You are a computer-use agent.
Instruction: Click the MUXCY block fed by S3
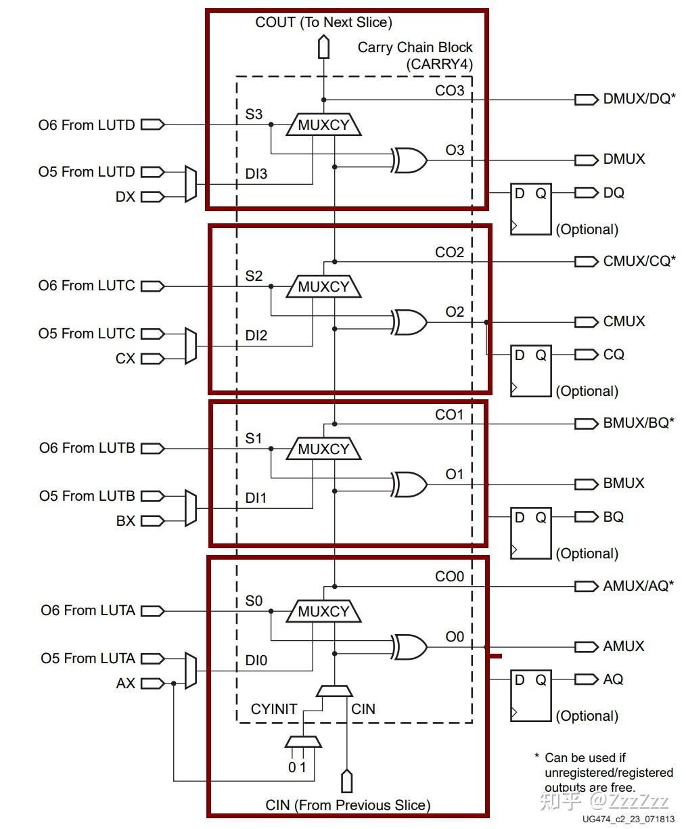click(323, 125)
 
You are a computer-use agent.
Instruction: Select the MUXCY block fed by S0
click(323, 612)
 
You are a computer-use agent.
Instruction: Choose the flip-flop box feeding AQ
click(530, 695)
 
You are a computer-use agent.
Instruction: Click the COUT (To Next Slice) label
click(323, 22)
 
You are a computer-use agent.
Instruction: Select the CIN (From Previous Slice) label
click(348, 805)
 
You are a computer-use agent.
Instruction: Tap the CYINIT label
click(274, 709)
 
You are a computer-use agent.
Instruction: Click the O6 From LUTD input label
click(87, 125)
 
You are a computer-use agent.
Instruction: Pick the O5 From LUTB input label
click(87, 496)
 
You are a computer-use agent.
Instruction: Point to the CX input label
click(125, 359)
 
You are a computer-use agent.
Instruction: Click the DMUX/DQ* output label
click(639, 99)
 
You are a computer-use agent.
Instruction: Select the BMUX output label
click(624, 484)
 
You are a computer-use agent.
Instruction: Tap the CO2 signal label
click(449, 252)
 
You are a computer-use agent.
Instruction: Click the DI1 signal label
click(256, 498)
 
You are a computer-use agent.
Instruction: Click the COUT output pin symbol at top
click(324, 47)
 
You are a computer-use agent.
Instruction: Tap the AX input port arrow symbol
click(152, 684)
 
